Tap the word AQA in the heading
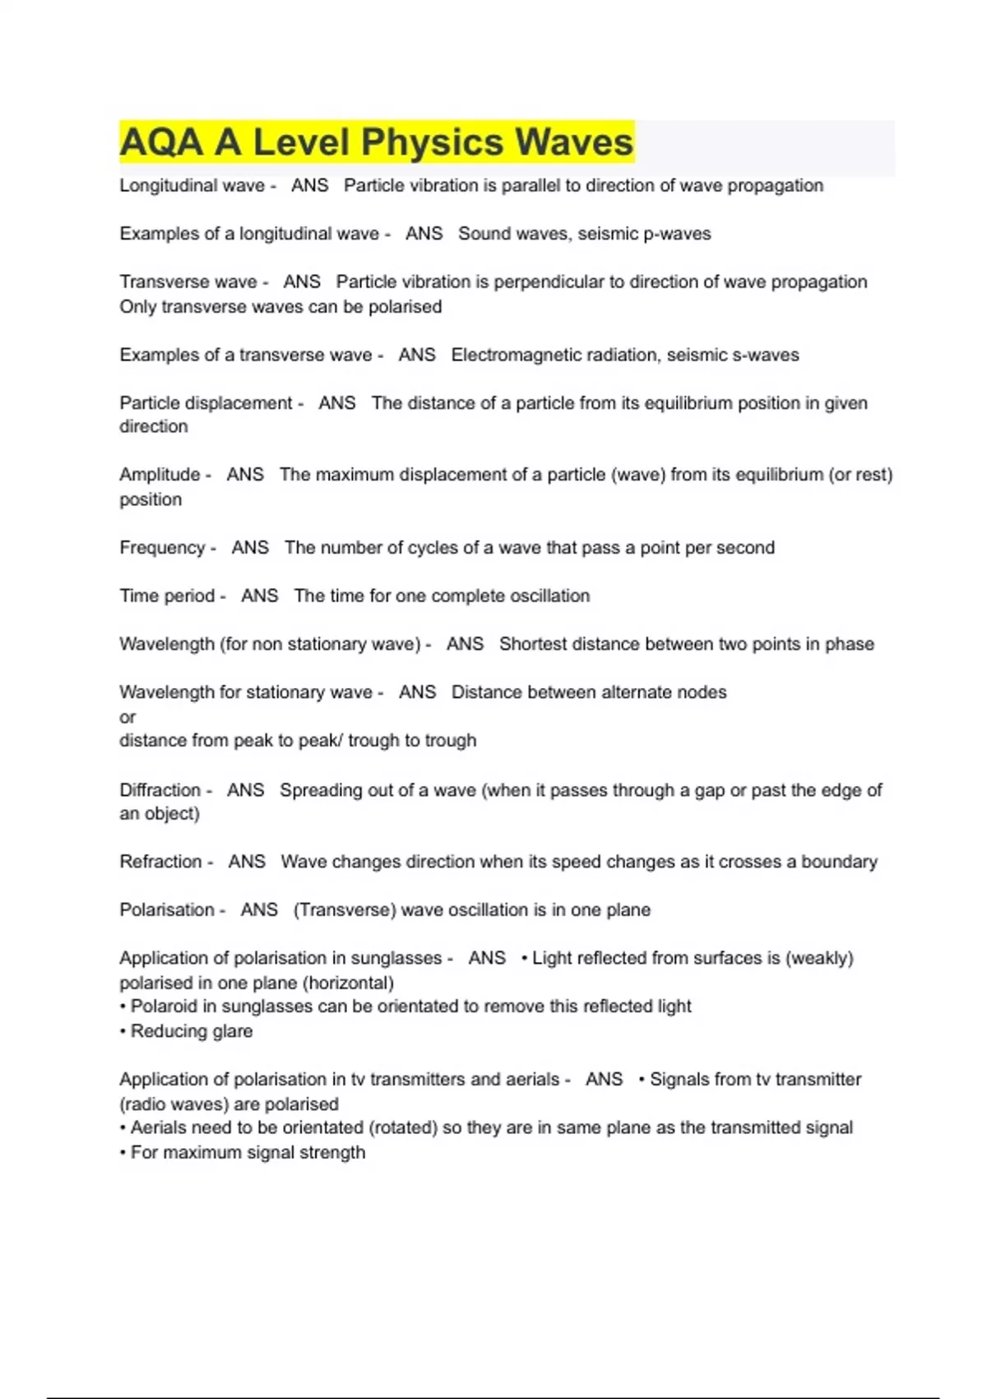[x=161, y=142]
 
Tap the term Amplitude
[x=160, y=475]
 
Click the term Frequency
[x=162, y=548]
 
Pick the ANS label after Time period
[x=260, y=596]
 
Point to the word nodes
[x=702, y=692]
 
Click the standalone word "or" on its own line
[x=127, y=717]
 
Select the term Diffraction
[x=160, y=790]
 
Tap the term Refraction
[x=160, y=862]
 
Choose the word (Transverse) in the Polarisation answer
[x=345, y=910]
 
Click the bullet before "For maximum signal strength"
[x=123, y=1153]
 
